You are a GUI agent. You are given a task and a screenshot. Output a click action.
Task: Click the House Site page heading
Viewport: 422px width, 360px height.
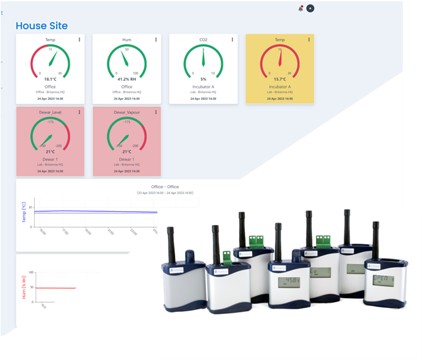point(41,26)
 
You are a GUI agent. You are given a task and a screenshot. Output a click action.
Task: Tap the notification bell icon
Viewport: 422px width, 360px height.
point(301,9)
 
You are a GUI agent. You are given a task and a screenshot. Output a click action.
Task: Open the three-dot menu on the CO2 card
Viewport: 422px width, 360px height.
point(232,39)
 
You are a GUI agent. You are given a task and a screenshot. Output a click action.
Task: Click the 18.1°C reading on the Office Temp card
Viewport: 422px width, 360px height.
point(50,78)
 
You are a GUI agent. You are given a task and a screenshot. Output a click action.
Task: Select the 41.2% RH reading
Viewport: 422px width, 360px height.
point(126,78)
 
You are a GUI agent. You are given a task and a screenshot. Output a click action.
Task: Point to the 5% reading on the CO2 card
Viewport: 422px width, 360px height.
point(203,78)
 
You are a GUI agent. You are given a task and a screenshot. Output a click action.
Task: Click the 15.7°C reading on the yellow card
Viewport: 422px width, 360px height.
point(280,78)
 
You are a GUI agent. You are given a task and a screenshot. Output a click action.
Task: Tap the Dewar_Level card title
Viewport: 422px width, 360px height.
point(50,113)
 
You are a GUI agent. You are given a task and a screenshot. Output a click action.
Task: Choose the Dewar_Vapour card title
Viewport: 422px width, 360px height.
point(126,113)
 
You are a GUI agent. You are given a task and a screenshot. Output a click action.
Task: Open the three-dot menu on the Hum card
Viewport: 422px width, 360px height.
point(155,39)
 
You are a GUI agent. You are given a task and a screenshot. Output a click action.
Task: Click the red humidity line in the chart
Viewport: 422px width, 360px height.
point(56,288)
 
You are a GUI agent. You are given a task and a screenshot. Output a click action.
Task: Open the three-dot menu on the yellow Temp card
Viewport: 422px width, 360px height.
point(308,39)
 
